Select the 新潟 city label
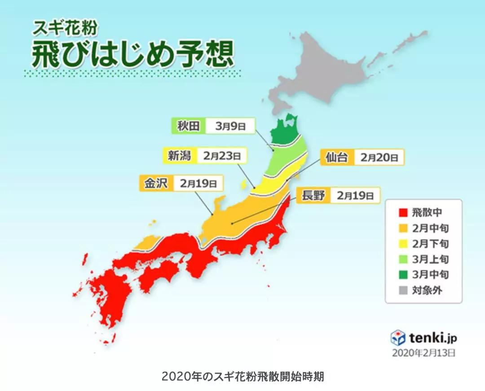point(179,156)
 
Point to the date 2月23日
point(221,156)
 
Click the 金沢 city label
point(155,183)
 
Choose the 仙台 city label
point(336,158)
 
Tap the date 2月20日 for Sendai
point(379,158)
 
